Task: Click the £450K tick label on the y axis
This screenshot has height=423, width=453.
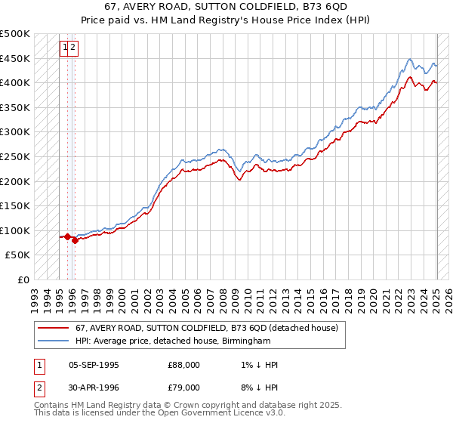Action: (x=15, y=58)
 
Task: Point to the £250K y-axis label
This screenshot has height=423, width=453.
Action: (x=15, y=156)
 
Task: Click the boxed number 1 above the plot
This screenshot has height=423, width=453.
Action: (x=66, y=48)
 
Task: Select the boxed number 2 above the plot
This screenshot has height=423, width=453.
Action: (x=74, y=48)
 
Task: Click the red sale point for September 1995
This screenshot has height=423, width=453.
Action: (x=67, y=236)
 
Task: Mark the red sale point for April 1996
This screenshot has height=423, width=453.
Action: (x=75, y=241)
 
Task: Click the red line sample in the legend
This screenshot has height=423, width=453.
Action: (x=53, y=328)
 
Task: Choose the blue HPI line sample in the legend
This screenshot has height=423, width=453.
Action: (x=53, y=341)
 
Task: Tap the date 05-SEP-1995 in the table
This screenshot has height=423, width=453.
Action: (x=94, y=365)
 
